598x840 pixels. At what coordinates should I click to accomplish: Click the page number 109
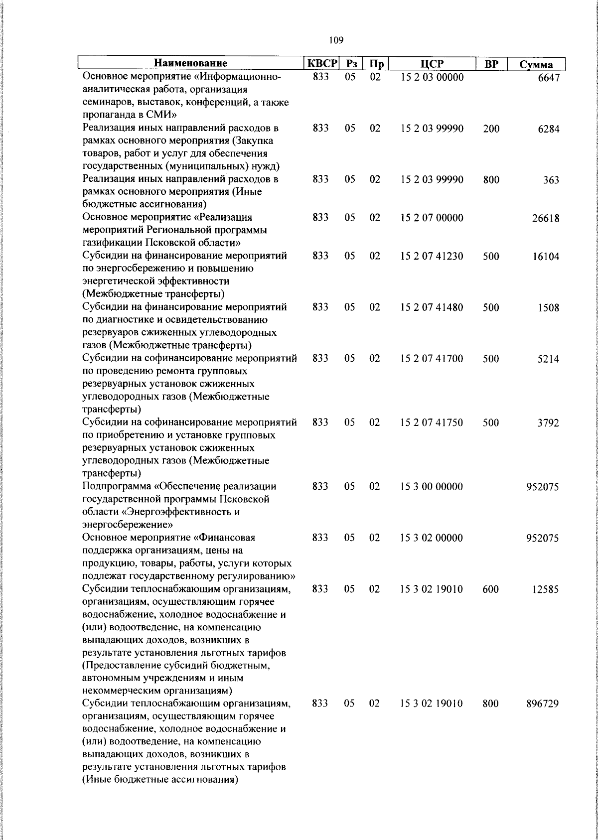[x=336, y=40]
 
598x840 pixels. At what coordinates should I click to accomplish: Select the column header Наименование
[x=190, y=64]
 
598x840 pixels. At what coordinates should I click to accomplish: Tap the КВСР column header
[x=322, y=64]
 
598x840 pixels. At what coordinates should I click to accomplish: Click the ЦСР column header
[x=432, y=64]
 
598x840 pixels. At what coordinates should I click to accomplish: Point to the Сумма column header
[x=536, y=65]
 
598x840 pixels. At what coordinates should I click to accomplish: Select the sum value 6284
[x=548, y=129]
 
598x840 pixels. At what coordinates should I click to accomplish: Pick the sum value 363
[x=551, y=180]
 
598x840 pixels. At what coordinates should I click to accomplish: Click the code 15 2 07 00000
[x=432, y=218]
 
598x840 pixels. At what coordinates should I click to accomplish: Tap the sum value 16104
[x=546, y=257]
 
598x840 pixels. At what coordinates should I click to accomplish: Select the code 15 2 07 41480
[x=432, y=307]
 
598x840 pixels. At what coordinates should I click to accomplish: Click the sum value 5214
[x=548, y=359]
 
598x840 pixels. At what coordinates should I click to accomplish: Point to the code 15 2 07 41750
[x=432, y=422]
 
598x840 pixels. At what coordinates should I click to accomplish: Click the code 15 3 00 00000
[x=432, y=486]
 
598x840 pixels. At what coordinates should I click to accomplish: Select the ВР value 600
[x=491, y=589]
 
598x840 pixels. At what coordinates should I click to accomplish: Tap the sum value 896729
[x=543, y=704]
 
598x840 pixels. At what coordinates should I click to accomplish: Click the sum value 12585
[x=546, y=589]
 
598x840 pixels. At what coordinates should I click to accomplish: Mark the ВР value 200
[x=491, y=129]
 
